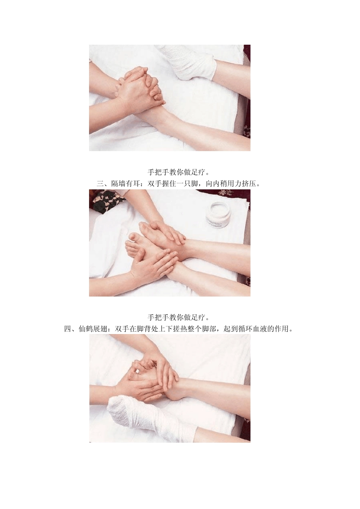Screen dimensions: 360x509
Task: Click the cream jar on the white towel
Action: click(x=219, y=215)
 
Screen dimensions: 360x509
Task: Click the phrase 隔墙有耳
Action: click(x=125, y=183)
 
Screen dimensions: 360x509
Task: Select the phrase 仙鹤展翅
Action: click(x=92, y=329)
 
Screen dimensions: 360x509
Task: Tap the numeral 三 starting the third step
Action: click(x=100, y=183)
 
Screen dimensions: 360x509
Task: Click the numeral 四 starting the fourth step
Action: click(x=67, y=329)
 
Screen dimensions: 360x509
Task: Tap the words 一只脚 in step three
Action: click(x=187, y=183)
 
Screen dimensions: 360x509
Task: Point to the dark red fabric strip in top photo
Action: click(x=247, y=91)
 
